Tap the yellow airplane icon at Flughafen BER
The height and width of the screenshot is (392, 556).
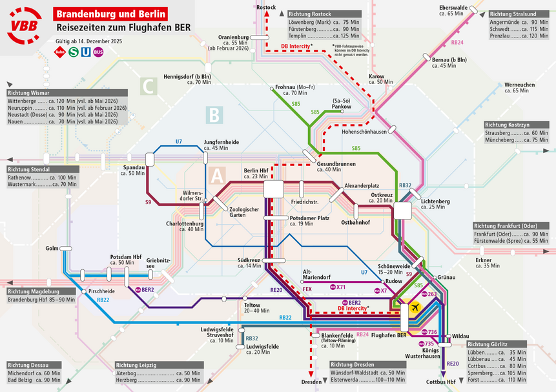pos(415,306)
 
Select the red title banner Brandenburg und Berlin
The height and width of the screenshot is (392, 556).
pos(112,14)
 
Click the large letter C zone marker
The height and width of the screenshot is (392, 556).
pos(149,85)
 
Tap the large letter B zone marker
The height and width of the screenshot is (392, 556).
pos(214,116)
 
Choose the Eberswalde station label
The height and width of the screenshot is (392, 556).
pos(452,8)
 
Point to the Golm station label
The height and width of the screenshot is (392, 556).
pos(52,248)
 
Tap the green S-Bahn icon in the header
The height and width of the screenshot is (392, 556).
pos(73,51)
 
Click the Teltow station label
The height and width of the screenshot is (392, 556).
pos(252,304)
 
